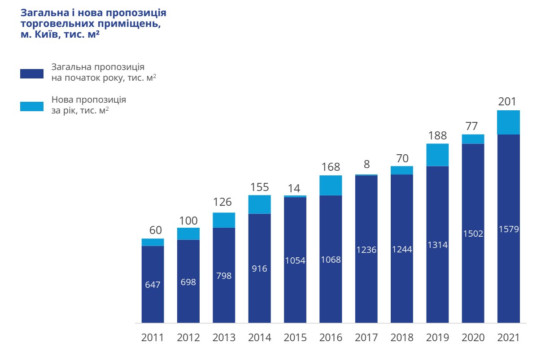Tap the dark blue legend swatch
[32, 74]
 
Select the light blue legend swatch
[32, 106]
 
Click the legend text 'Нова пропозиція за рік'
[89, 104]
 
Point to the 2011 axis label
[153, 338]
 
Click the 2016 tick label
[331, 338]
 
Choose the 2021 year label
[508, 338]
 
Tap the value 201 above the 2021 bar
[507, 102]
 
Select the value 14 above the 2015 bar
[295, 188]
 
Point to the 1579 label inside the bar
[509, 229]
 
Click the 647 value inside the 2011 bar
[153, 284]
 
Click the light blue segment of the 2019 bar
[437, 155]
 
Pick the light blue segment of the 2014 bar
[259, 204]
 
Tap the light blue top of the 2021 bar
[509, 122]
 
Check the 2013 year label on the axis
[224, 338]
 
